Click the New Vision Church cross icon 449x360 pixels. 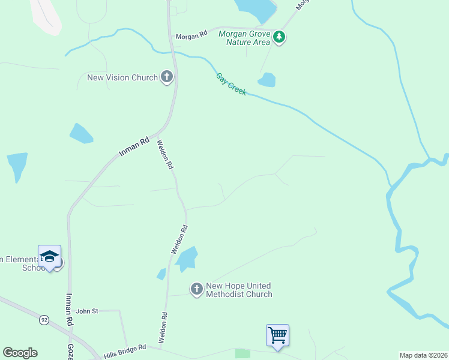(x=167, y=77)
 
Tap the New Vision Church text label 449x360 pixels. (x=122, y=77)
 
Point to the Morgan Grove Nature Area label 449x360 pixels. (x=244, y=38)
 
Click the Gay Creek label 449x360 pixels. (x=231, y=84)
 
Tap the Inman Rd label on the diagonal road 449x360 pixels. (x=133, y=147)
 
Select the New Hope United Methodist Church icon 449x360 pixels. (x=196, y=290)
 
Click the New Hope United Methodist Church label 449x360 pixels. (x=239, y=290)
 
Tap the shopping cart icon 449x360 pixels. (x=277, y=334)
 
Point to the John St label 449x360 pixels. (x=86, y=311)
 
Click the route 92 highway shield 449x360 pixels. (x=44, y=320)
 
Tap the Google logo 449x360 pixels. (x=20, y=353)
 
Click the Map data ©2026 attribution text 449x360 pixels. (x=424, y=355)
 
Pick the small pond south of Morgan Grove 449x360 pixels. (x=267, y=80)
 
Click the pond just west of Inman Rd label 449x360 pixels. (x=80, y=133)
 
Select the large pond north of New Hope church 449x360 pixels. (x=186, y=258)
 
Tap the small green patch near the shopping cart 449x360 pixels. (x=243, y=353)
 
